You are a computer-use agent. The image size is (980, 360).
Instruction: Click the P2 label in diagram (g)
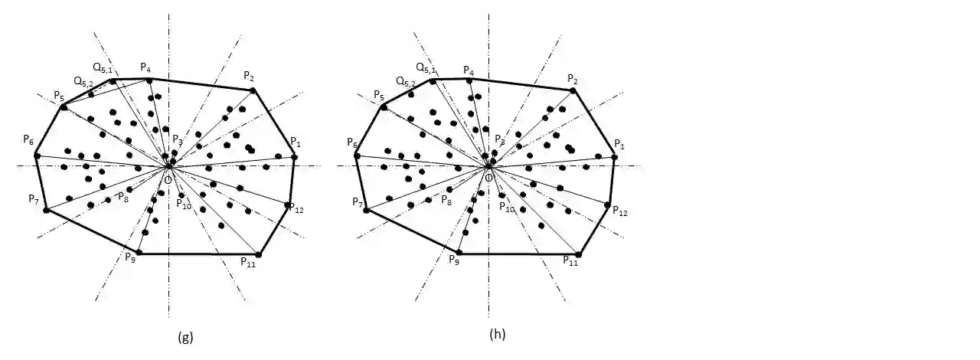(250, 75)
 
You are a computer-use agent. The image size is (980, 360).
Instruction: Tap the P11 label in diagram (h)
(570, 262)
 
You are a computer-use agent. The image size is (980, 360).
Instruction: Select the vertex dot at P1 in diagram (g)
(295, 157)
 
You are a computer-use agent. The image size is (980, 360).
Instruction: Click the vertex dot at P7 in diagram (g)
(46, 210)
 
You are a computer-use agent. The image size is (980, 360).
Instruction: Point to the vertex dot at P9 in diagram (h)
(459, 253)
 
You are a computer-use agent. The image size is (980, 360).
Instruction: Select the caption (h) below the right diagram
(498, 335)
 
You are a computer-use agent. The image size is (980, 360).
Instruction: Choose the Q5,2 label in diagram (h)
(406, 81)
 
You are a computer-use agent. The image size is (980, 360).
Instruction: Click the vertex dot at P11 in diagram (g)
(259, 254)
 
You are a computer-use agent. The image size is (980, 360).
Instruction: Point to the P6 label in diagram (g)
(28, 141)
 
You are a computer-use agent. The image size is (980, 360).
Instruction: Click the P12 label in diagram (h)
(619, 211)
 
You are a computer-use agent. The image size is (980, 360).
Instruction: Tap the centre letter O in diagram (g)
(168, 178)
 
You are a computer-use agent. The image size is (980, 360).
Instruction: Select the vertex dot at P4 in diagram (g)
(149, 80)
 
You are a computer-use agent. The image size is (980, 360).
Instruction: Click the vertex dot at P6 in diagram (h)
(357, 155)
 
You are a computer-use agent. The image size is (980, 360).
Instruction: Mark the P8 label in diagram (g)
(122, 197)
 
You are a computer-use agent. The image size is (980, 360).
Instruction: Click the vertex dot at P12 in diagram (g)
(288, 205)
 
